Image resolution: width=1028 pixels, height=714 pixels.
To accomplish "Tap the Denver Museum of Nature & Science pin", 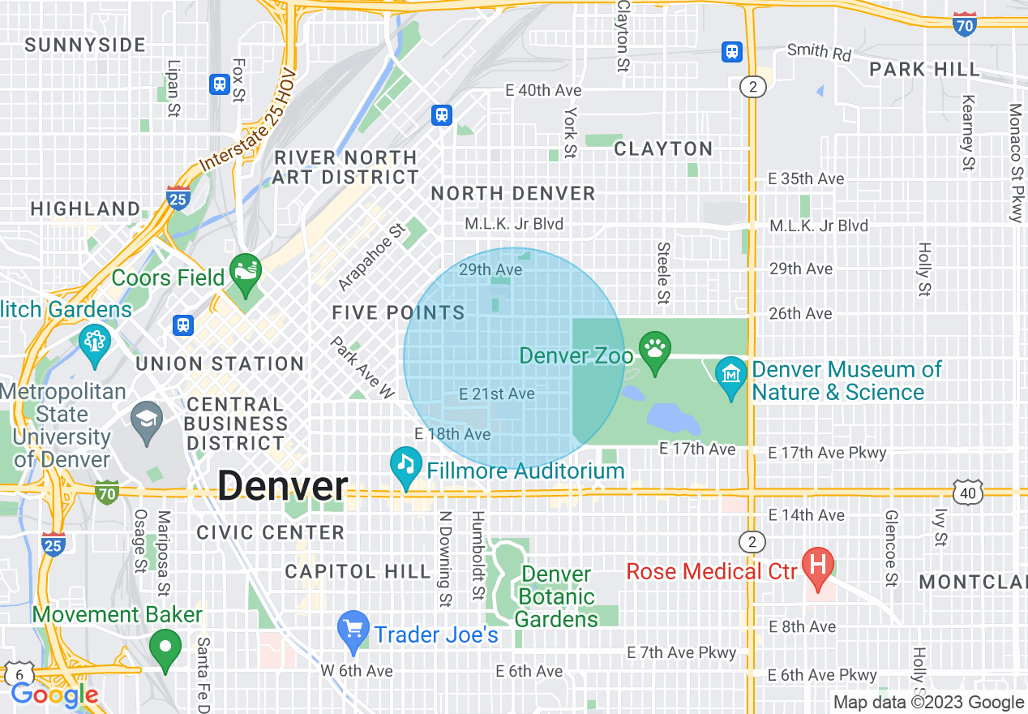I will [731, 375].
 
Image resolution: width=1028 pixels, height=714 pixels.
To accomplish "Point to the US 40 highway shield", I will [969, 492].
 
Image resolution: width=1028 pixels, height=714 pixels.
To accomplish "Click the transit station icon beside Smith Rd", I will [732, 52].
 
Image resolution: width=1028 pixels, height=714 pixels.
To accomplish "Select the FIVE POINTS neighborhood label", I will [398, 312].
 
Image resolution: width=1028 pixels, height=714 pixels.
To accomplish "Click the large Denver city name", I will [282, 486].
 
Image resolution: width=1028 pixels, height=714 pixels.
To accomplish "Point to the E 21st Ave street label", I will [496, 394].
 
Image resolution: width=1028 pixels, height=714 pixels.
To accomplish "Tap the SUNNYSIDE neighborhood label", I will [85, 45].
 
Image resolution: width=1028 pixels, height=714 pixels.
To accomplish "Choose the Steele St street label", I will [663, 272].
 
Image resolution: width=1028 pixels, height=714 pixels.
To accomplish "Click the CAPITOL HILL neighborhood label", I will [358, 571].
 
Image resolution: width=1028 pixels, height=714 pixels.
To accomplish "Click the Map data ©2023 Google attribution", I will [929, 703].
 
